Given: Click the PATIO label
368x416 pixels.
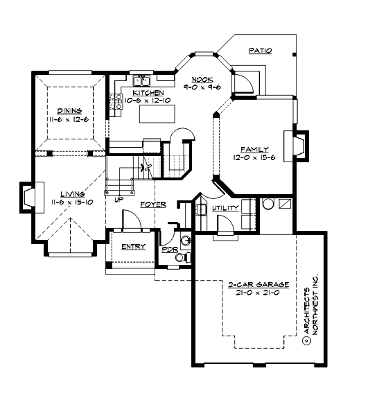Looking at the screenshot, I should point(261,51).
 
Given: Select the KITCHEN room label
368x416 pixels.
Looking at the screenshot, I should point(149,92).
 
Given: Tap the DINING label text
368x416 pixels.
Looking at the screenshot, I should point(69,111).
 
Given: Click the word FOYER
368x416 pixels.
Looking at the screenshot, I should point(152,205).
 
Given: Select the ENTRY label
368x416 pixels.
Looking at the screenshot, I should point(132,247).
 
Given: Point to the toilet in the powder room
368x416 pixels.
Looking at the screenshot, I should point(182,258).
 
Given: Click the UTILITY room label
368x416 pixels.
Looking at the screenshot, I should point(225,207).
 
